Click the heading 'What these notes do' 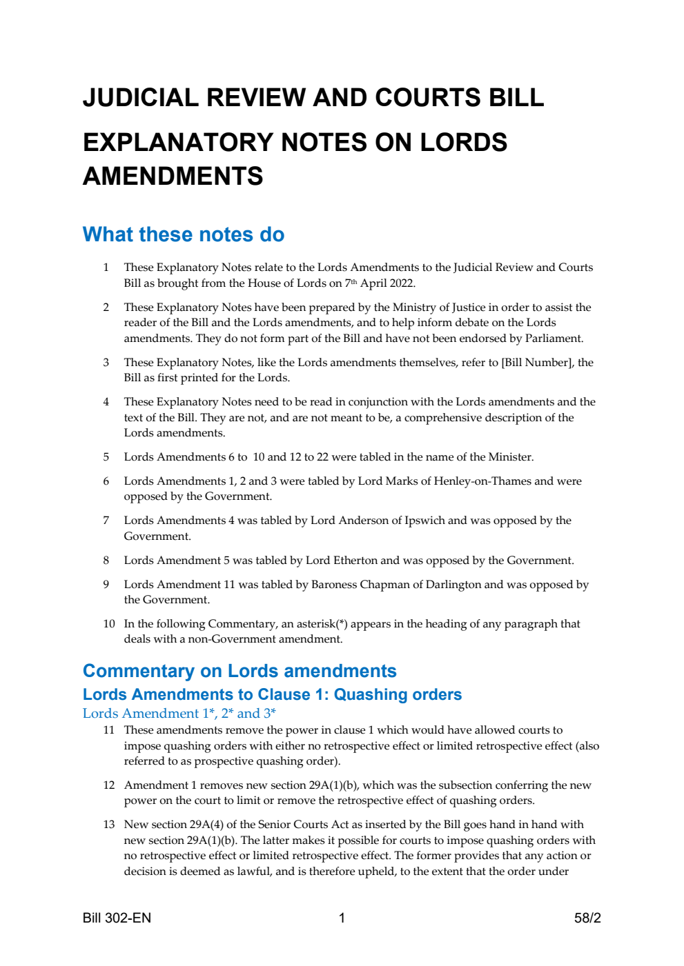click(x=183, y=234)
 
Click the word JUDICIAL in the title click(x=140, y=97)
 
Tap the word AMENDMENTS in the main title click(x=173, y=177)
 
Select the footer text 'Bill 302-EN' click(x=117, y=918)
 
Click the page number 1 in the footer click(x=342, y=918)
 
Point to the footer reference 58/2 click(x=587, y=918)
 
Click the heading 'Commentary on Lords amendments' click(x=240, y=671)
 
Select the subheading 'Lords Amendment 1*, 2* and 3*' click(x=179, y=713)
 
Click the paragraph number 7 click(x=106, y=520)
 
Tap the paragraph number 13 click(x=108, y=824)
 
